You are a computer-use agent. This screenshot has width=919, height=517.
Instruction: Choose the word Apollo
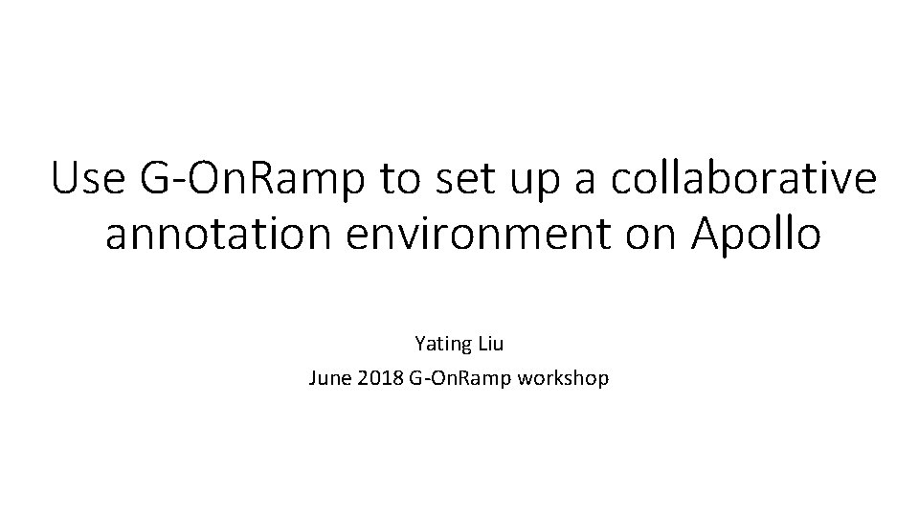[751, 235]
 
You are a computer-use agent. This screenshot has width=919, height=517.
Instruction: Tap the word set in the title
[457, 180]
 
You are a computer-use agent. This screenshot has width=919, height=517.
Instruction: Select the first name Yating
[443, 342]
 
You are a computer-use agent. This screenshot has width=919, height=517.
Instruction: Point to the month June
[328, 379]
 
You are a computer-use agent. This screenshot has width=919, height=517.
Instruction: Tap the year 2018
[380, 379]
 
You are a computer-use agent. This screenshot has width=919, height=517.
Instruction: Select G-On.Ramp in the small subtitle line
[459, 379]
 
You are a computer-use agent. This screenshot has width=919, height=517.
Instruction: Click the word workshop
[563, 379]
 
